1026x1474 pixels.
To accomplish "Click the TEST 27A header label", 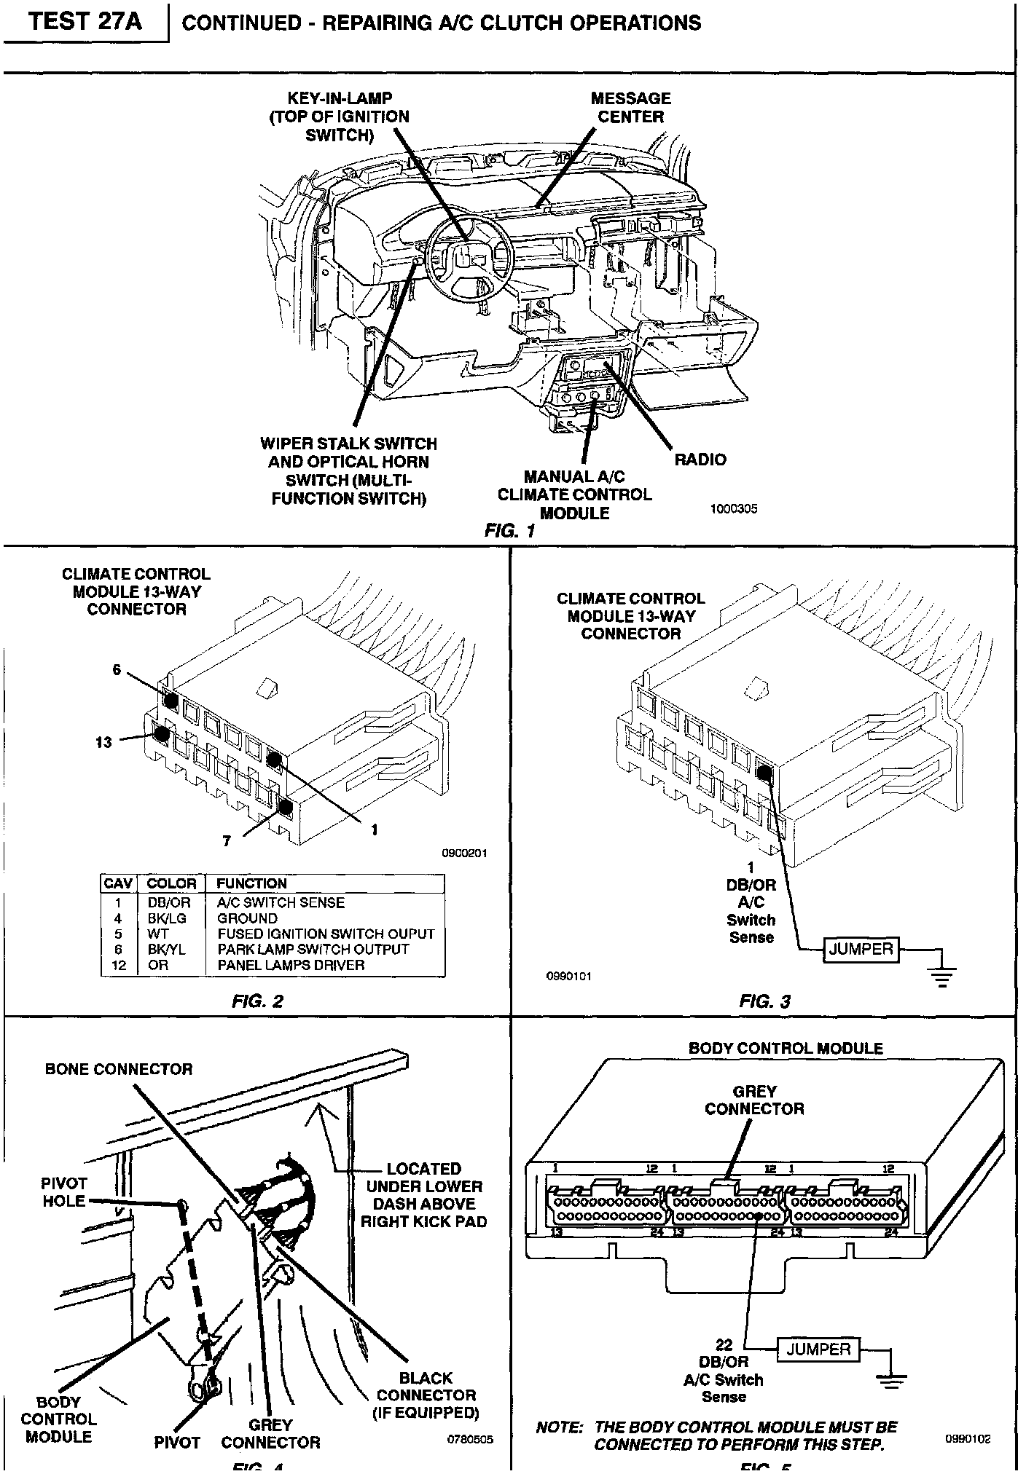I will (x=86, y=21).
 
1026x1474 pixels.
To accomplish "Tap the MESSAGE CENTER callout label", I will (x=630, y=108).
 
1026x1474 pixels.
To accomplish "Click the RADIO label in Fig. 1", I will (x=700, y=460).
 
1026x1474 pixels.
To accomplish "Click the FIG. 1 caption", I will (x=509, y=531).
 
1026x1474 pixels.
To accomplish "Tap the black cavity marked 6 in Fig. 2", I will (x=171, y=701).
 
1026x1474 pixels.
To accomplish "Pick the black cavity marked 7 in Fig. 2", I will (x=285, y=805).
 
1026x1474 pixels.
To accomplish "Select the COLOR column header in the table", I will (x=172, y=883).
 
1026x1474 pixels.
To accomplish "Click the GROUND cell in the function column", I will (x=247, y=918).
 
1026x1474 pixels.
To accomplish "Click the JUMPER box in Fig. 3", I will (x=861, y=949).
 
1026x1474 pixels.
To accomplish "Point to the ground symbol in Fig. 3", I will (x=942, y=974).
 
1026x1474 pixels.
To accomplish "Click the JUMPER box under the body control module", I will (x=819, y=1349).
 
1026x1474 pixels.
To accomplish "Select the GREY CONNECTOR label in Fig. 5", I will (x=754, y=1100).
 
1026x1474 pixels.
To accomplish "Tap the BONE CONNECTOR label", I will (x=119, y=1069).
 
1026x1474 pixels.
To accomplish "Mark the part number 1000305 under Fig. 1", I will (x=734, y=509).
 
